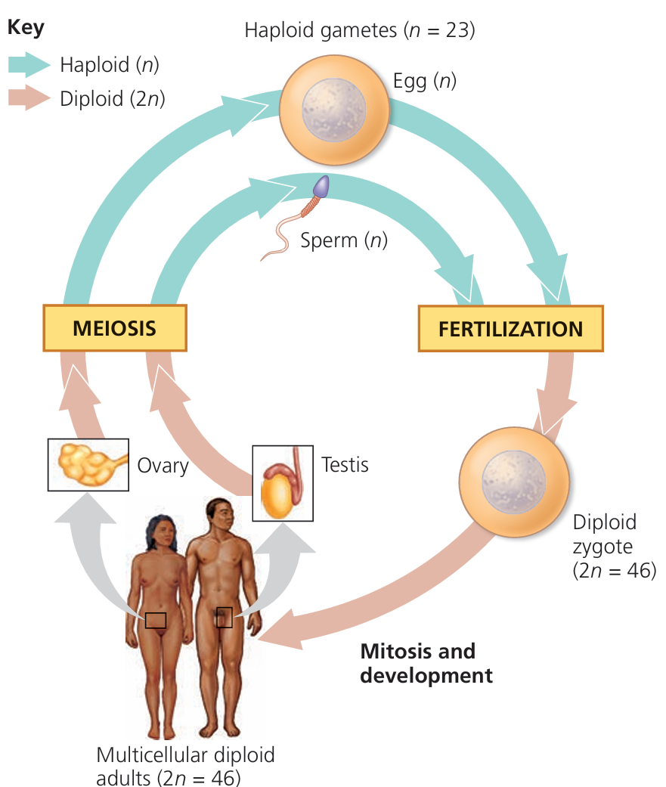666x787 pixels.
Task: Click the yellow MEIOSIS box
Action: coord(114,328)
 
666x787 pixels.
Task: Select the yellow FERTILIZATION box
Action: coord(511,329)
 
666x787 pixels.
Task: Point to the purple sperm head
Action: coord(322,185)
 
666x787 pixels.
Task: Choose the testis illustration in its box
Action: coord(282,482)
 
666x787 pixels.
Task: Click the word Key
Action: coord(26,28)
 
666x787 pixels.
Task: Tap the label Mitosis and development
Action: coord(426,663)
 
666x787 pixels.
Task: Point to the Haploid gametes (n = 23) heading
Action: coord(359,31)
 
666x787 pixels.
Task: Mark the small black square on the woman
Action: coord(156,620)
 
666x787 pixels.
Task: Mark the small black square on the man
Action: coord(224,617)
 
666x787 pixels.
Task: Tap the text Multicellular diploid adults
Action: coord(185,764)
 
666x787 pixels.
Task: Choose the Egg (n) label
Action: coord(424,80)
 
